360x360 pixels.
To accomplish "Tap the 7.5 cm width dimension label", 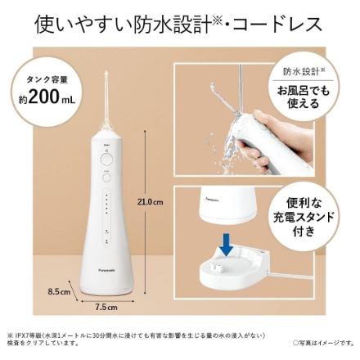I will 107,308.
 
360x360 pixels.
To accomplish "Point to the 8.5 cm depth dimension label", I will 61,290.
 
